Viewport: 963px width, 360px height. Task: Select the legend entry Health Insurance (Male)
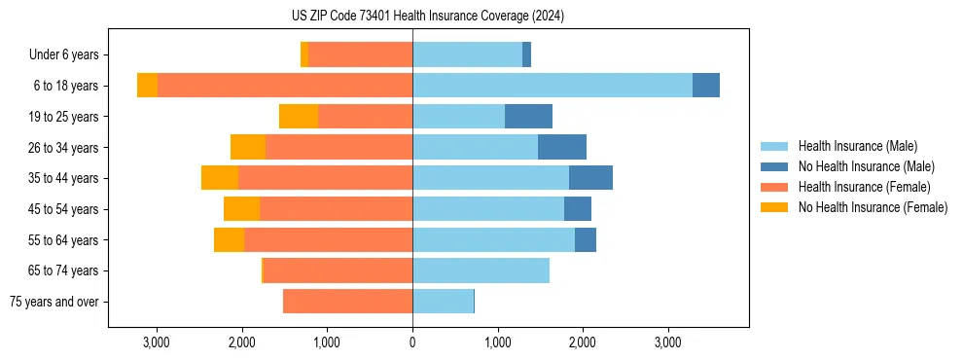857,146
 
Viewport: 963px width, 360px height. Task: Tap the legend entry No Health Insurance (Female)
873,207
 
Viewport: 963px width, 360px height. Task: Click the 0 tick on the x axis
412,342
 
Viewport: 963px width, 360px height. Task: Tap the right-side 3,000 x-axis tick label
667,342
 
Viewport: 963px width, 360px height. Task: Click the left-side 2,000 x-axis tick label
241,342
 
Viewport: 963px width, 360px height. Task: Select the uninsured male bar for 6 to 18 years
706,86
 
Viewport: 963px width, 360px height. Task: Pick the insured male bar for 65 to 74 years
481,270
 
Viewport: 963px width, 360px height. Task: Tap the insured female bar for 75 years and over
347,302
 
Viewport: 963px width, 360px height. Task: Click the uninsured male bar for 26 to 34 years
562,147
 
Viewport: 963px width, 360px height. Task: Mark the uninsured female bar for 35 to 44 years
220,178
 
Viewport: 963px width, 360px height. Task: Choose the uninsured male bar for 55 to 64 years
586,239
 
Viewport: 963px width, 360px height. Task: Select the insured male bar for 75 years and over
443,302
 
